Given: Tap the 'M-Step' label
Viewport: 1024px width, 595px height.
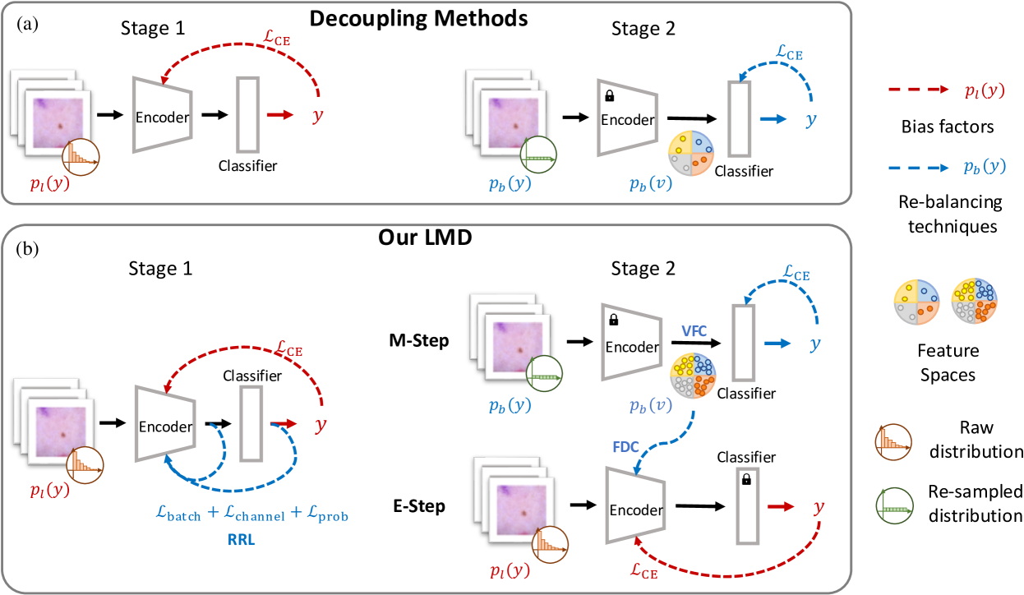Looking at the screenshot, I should [x=419, y=340].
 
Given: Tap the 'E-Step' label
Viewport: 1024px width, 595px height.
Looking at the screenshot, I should [x=418, y=506].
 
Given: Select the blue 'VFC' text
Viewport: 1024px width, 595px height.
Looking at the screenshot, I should [x=692, y=330].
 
